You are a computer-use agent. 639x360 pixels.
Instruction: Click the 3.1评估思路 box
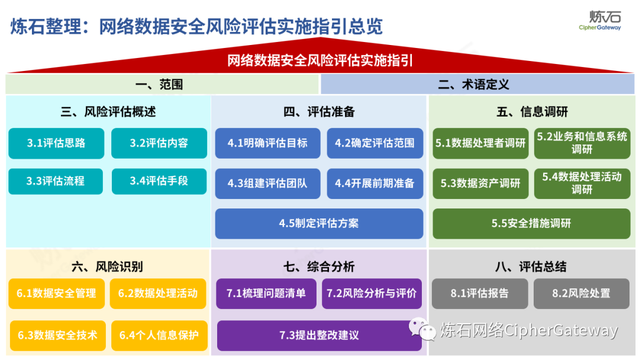(56, 143)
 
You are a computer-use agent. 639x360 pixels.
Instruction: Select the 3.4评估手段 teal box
(159, 181)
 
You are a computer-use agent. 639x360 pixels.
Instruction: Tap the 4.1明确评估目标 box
(268, 143)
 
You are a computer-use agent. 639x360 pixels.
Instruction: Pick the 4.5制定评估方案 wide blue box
(319, 223)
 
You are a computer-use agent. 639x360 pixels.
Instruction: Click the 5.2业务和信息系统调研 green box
(582, 143)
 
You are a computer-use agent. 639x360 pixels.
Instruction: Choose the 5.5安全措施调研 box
(531, 223)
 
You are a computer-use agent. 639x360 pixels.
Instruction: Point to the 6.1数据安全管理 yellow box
(57, 294)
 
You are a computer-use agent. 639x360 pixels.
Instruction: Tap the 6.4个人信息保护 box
(159, 336)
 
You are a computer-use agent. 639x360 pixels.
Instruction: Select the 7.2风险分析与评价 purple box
(372, 294)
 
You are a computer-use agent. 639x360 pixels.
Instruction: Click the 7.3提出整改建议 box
(319, 336)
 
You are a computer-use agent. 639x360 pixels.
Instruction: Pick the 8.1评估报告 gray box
(480, 294)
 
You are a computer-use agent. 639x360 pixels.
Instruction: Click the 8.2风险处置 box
(582, 294)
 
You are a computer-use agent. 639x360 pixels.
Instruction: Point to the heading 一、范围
(159, 85)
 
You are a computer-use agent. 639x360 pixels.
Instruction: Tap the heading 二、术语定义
(473, 85)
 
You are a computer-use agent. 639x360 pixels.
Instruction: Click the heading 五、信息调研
(532, 112)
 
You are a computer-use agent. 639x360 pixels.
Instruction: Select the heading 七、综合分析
(319, 266)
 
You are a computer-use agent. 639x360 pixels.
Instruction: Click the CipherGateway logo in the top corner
(601, 20)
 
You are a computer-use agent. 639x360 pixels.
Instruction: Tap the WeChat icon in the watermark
(421, 329)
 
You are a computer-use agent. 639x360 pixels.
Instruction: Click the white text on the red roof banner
(320, 61)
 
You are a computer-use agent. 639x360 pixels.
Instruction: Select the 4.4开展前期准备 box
(375, 184)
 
